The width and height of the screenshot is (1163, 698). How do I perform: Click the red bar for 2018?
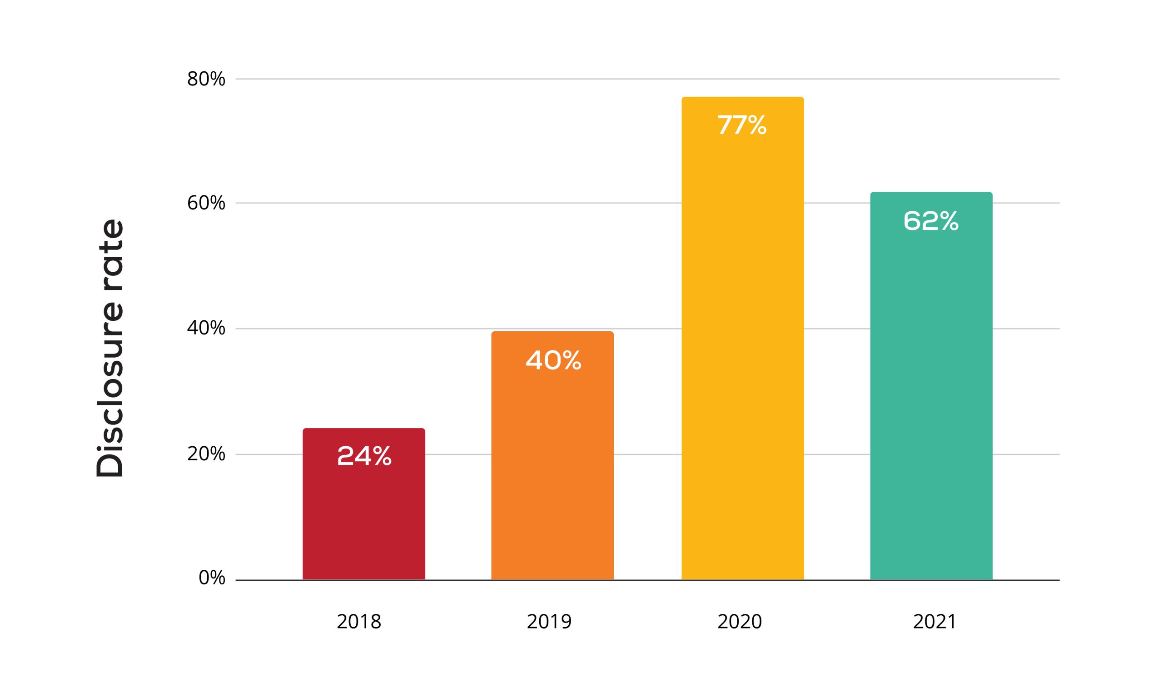(364, 504)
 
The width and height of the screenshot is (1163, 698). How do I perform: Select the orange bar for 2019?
(552, 455)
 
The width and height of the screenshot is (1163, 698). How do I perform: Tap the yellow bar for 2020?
(743, 338)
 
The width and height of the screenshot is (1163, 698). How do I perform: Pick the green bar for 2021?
(931, 386)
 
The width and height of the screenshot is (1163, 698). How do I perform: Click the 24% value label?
(364, 456)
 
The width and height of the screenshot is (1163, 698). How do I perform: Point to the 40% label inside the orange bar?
(553, 360)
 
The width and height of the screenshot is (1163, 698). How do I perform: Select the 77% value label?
(742, 125)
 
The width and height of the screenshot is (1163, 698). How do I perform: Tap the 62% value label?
(931, 220)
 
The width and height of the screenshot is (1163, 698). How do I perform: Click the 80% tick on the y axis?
(206, 79)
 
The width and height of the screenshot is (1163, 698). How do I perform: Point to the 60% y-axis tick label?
(206, 203)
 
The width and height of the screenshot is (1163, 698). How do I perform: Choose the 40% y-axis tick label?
(206, 328)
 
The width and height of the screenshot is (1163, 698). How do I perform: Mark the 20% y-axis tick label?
(206, 454)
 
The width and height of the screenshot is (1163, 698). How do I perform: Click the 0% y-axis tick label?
(212, 578)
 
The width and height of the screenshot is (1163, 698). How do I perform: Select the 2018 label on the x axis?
(359, 622)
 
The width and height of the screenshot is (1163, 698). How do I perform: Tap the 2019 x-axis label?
(549, 622)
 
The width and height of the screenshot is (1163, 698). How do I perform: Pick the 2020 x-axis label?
(740, 622)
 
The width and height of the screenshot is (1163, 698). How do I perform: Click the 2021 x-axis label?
(934, 622)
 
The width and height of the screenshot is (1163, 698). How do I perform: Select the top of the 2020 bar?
(743, 97)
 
